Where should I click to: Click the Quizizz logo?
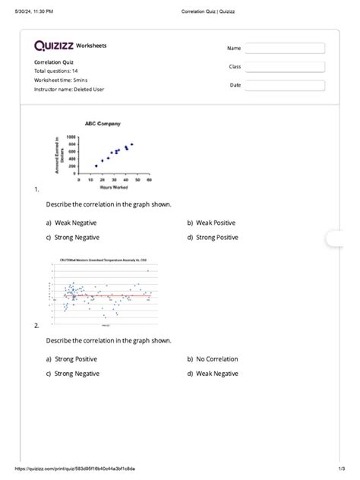pos(54,46)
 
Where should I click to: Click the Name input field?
pos(285,49)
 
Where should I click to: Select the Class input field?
pos(285,67)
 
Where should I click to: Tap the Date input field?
pos(285,85)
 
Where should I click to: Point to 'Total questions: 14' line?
pos(62,71)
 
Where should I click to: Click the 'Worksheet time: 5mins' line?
pos(64,80)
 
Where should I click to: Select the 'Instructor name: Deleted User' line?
pos(69,89)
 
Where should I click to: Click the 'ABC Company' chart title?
pos(103,123)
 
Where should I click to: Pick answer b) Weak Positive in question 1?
pos(216,223)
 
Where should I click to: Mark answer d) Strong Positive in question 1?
pos(217,237)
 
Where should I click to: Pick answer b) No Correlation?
pos(216,359)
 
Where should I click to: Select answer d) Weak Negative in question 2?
pos(216,374)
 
